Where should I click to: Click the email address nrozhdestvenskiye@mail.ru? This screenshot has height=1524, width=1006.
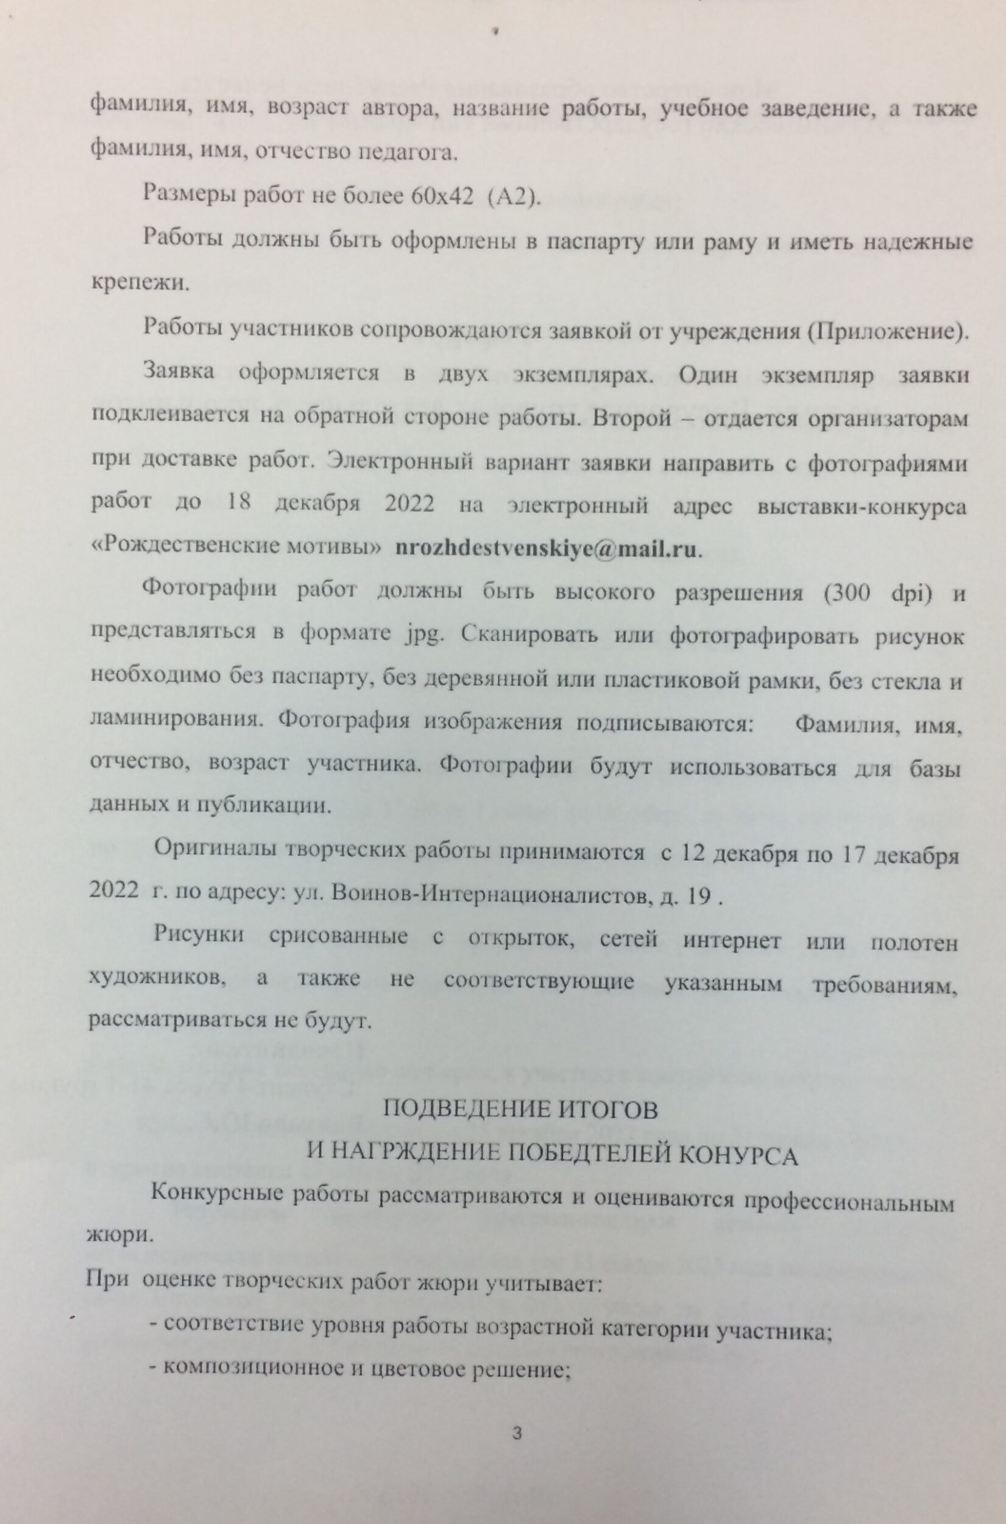547,549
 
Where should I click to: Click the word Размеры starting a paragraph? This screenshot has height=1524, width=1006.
186,195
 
